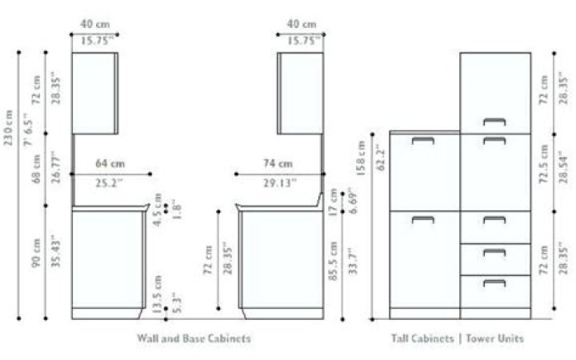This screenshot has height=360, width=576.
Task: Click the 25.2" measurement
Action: tap(111, 182)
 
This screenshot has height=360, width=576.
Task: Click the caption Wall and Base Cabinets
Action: tap(193, 338)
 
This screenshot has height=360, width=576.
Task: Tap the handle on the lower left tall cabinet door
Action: tap(422, 219)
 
